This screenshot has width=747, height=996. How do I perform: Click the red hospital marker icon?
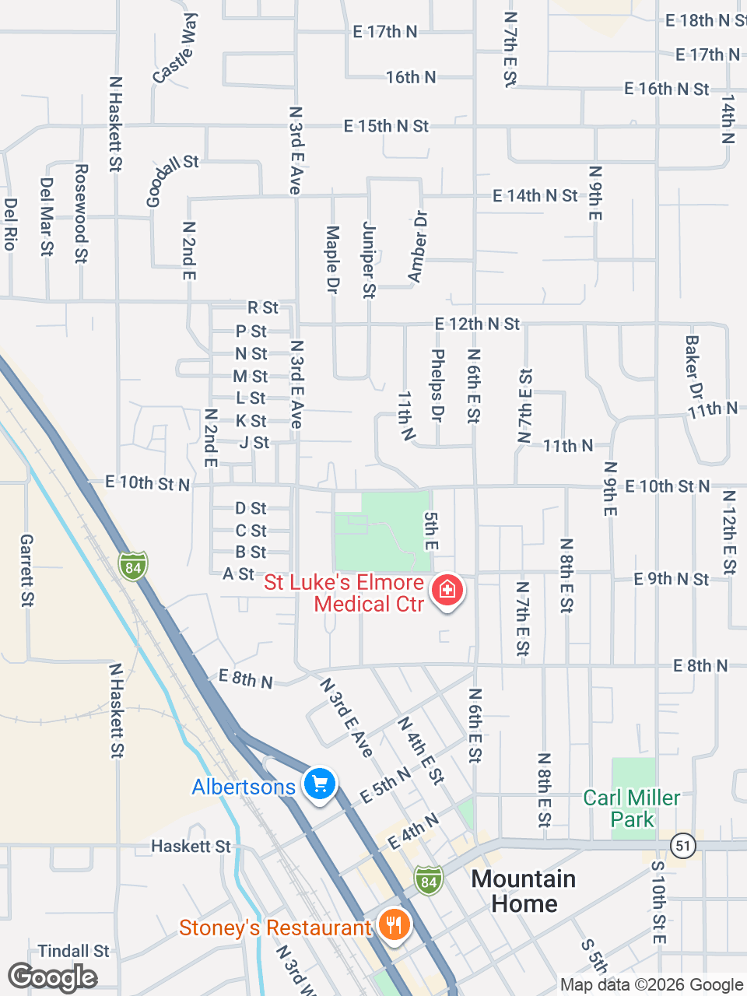[x=447, y=590]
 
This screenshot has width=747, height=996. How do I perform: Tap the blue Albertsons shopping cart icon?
[x=319, y=784]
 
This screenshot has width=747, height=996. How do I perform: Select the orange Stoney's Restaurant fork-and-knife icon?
[x=395, y=924]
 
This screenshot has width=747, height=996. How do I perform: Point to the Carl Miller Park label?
[x=632, y=808]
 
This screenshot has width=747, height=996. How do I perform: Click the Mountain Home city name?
[x=524, y=891]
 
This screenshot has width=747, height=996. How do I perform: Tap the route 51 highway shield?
[x=682, y=845]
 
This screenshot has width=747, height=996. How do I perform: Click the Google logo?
[x=52, y=977]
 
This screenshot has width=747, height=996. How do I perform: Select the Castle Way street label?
[x=176, y=48]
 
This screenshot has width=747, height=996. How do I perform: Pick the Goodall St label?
[x=172, y=180]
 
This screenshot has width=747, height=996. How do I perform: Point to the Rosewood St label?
[x=81, y=213]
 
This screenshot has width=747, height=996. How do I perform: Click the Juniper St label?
[x=369, y=260]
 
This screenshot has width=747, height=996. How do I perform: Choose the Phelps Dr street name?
[x=437, y=386]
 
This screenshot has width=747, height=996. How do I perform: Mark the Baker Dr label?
[x=693, y=367]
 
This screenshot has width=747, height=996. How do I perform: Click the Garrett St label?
[x=27, y=570]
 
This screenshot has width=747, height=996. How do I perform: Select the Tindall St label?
[x=74, y=951]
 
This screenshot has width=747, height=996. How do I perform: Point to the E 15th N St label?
[x=386, y=126]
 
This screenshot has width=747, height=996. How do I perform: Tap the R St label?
[x=263, y=308]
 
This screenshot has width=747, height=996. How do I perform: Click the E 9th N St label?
[x=671, y=579]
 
